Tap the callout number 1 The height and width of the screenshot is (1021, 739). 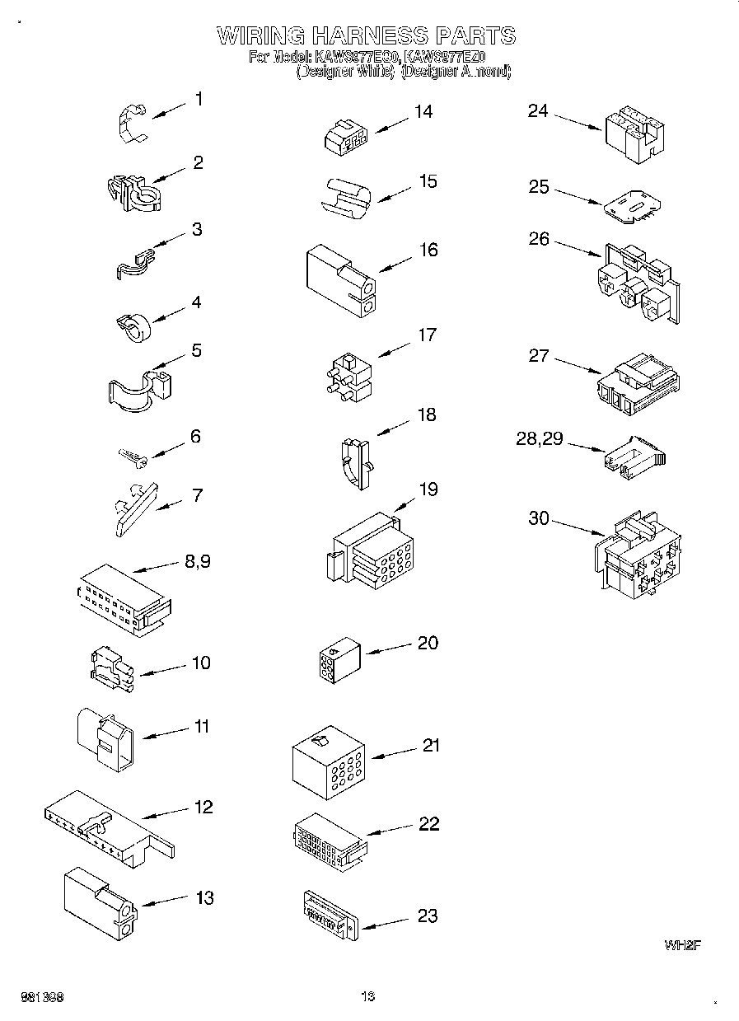pos(199,99)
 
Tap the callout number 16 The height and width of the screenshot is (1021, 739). pos(428,250)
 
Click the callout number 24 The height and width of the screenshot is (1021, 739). pos(538,110)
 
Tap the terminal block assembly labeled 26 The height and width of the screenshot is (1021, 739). pos(638,283)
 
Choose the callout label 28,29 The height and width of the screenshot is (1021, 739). pos(540,439)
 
